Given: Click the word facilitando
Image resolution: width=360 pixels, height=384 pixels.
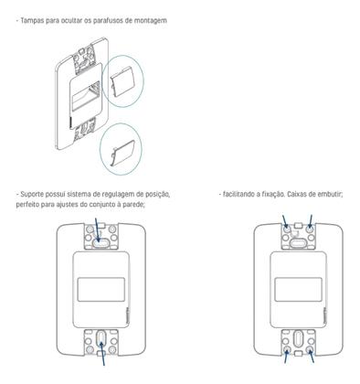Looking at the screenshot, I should [x=240, y=194].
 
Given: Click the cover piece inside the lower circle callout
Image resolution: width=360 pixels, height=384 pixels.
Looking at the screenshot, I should [x=121, y=145].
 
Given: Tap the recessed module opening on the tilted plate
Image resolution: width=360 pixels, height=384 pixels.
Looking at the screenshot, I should [x=84, y=99].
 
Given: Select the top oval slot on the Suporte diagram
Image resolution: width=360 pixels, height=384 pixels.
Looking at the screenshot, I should [x=98, y=246].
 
